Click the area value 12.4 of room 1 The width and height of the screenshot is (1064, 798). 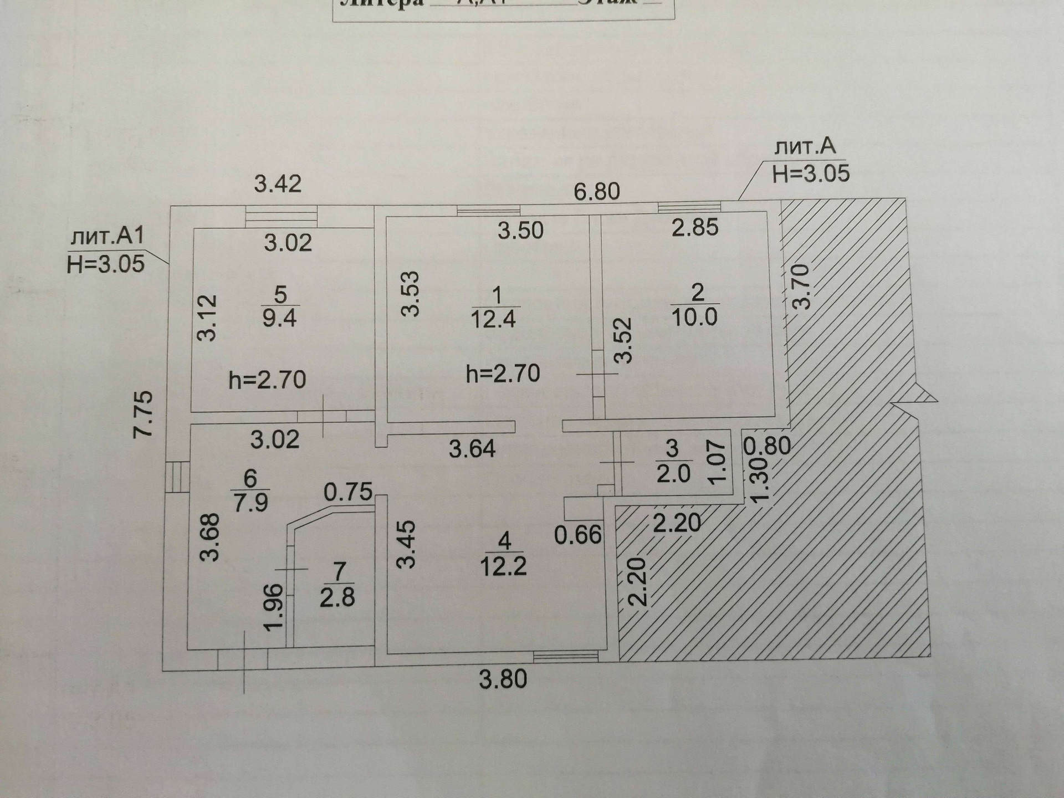point(493,320)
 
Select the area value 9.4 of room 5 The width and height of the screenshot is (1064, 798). point(279,319)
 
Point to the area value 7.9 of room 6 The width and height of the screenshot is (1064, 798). point(251,503)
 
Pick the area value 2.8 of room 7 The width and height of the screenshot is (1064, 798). point(337,598)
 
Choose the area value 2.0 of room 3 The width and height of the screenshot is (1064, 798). point(673,474)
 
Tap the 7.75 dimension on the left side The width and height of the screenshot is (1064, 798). point(144,415)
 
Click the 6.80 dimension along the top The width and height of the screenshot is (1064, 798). point(597,192)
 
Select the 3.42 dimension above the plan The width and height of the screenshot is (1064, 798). point(278,183)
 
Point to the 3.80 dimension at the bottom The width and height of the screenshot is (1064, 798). point(503,679)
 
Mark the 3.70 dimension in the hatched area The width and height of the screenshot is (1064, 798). point(801,287)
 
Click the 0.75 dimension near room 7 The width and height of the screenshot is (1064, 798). point(347,492)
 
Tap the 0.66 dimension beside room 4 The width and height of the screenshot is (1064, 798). point(578,535)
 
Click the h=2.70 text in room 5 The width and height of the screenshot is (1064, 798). point(267,380)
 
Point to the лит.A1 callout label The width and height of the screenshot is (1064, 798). point(107,237)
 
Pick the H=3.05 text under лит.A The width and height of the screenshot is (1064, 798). point(811,174)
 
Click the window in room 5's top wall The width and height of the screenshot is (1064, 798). point(282,216)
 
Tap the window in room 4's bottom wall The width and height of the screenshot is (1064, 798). point(566,657)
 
